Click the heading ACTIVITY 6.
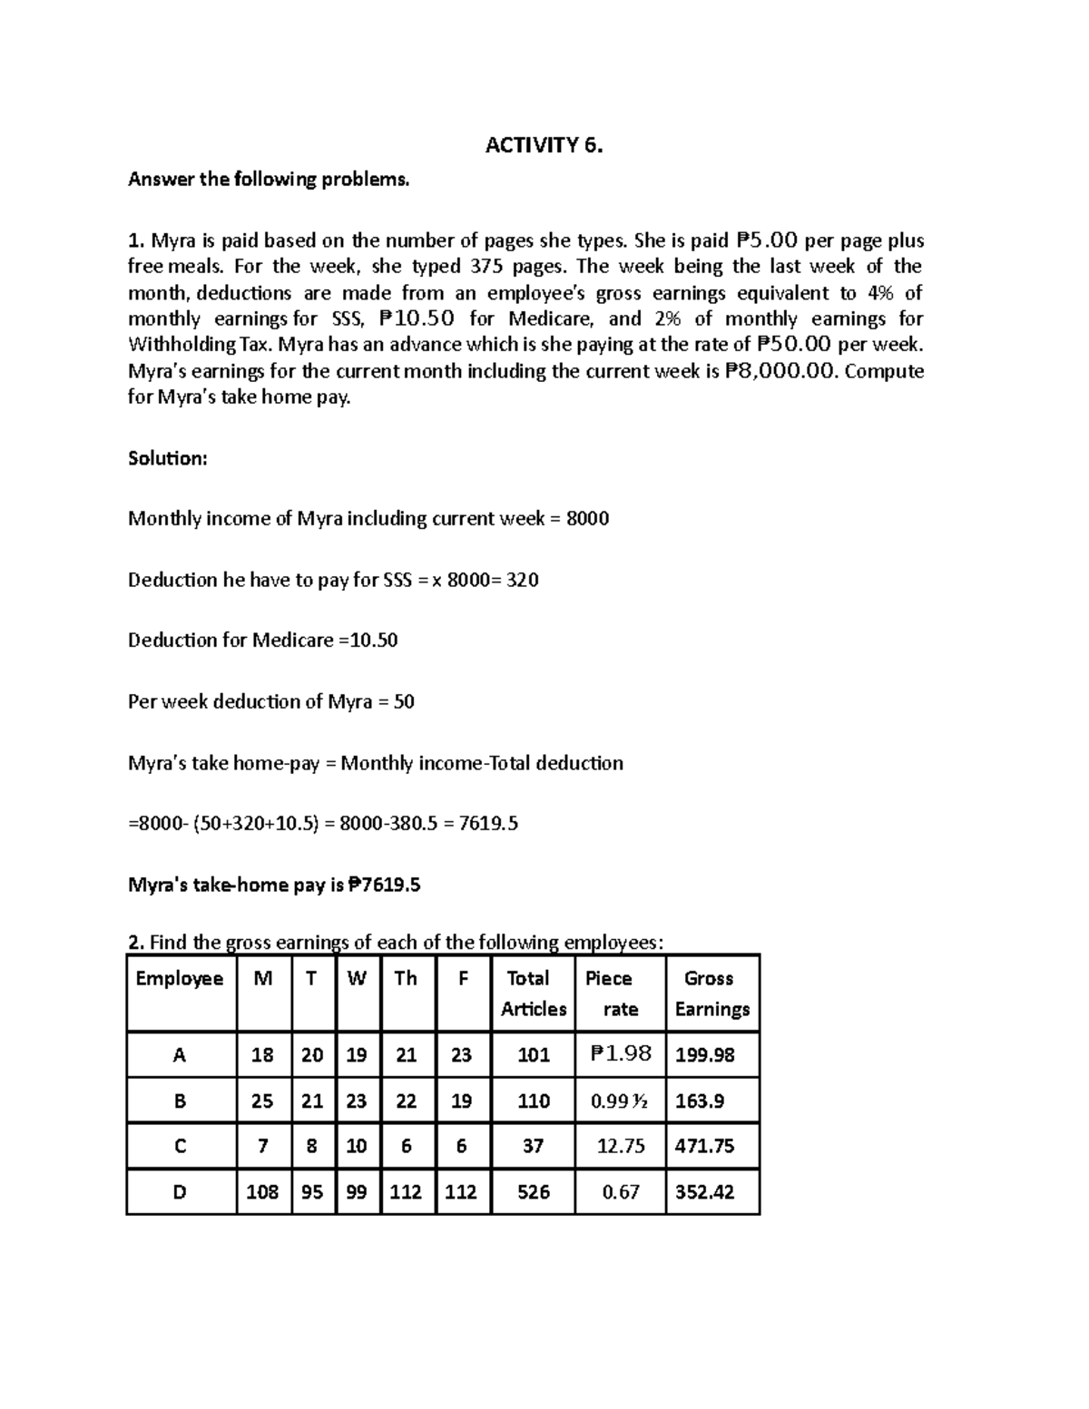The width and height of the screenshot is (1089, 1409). coord(544,145)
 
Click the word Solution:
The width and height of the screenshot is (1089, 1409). coord(168,458)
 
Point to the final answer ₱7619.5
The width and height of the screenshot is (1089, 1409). coord(385,885)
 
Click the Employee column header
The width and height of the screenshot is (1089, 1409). coord(180,978)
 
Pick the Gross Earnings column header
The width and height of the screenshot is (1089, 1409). coord(711,993)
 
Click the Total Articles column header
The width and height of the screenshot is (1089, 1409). coord(533,993)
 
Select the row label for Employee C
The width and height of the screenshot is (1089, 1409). coord(180,1146)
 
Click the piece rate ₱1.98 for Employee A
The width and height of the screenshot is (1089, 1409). coord(621,1054)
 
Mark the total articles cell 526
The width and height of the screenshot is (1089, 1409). coord(533,1192)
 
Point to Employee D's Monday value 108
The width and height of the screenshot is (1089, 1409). coord(262,1192)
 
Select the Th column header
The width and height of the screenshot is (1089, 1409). coord(406,978)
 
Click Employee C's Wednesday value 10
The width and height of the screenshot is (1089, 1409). coord(357,1146)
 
